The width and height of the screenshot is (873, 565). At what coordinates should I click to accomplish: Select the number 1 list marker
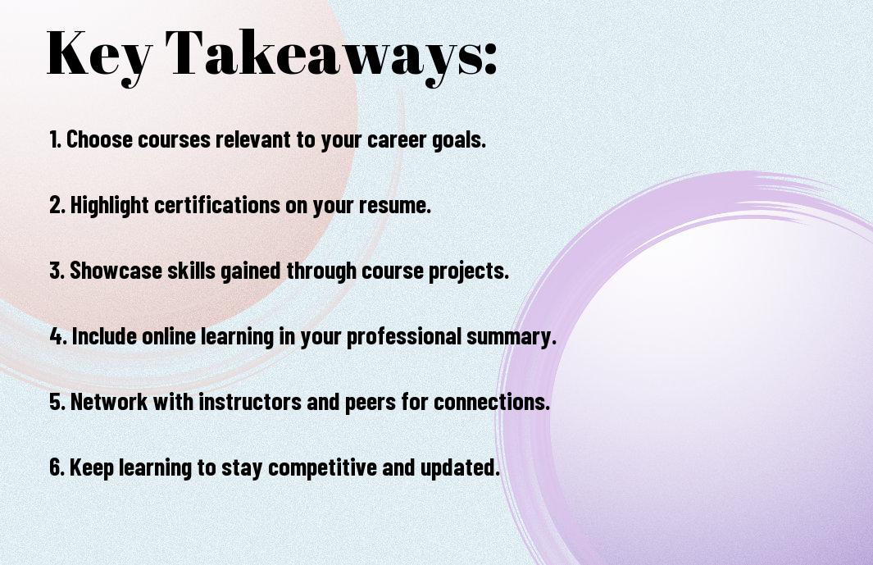coord(55,139)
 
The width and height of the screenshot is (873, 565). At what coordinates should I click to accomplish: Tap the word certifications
coord(217,204)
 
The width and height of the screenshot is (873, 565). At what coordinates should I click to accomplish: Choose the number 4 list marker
coord(58,336)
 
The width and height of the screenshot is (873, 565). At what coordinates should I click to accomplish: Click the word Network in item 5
coord(108,401)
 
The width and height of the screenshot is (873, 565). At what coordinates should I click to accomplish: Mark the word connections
coord(491,402)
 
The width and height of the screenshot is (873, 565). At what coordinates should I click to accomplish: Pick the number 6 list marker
coord(57,467)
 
